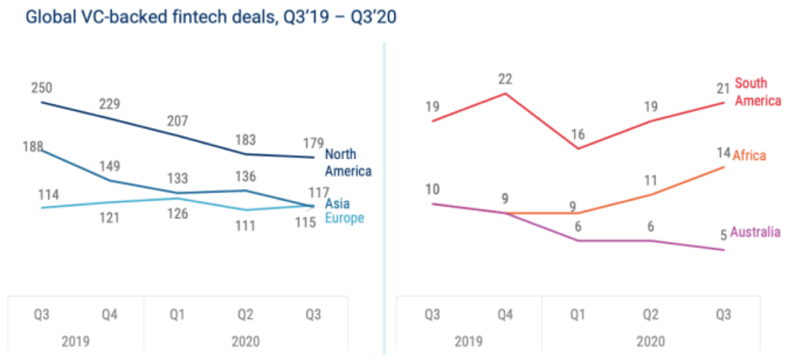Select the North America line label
347,163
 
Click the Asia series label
337,204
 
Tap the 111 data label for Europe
244,226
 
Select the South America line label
757,92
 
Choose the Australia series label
755,233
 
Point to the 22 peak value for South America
504,79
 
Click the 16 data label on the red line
577,134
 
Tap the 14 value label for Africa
723,153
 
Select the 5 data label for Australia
723,236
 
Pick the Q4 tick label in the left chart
110,314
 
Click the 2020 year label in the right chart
650,342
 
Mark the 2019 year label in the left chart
75,342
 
